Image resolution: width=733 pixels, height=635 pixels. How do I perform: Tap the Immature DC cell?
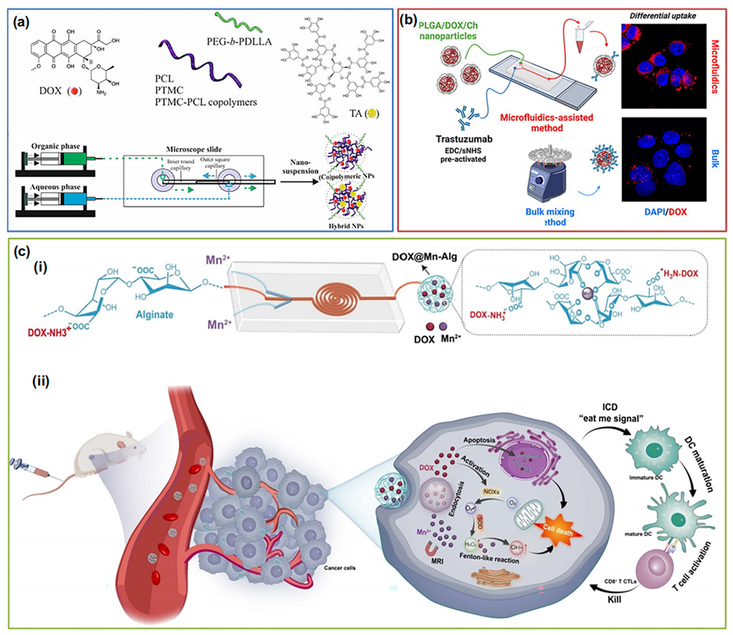(x=645, y=456)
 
